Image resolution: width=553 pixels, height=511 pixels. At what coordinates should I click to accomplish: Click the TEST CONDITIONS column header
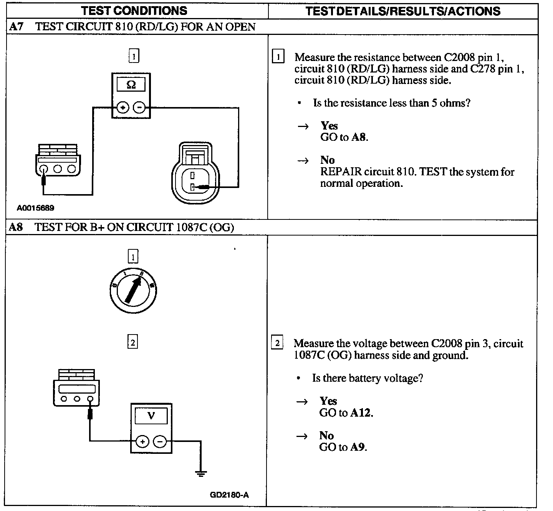(134, 10)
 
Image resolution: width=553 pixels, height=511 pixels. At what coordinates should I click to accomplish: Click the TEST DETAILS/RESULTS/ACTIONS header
(403, 11)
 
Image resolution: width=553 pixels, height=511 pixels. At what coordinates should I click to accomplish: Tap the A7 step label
(16, 26)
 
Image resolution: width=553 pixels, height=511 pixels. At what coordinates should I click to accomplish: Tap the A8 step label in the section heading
(16, 227)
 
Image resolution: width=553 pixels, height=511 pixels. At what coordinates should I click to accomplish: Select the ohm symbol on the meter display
(131, 85)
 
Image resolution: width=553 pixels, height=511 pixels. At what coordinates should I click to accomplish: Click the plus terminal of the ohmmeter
(123, 108)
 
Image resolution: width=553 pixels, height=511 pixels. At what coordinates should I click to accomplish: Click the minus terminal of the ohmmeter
(139, 108)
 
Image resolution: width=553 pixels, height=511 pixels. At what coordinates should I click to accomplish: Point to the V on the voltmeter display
(151, 415)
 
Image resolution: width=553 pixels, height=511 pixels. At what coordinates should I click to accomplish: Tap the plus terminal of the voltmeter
(142, 442)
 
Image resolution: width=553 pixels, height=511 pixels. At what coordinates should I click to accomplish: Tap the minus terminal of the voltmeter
(160, 442)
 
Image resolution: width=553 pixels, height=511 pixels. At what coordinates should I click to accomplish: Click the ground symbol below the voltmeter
(200, 473)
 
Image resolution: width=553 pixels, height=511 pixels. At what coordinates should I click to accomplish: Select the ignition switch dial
(133, 290)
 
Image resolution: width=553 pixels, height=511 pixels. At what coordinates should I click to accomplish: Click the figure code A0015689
(35, 208)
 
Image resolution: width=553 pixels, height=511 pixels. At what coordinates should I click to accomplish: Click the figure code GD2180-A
(229, 495)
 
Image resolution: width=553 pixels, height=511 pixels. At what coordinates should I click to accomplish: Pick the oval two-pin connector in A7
(196, 173)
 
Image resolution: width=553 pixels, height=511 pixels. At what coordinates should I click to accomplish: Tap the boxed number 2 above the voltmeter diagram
(132, 342)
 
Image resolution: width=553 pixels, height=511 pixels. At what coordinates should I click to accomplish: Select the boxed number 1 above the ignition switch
(133, 257)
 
